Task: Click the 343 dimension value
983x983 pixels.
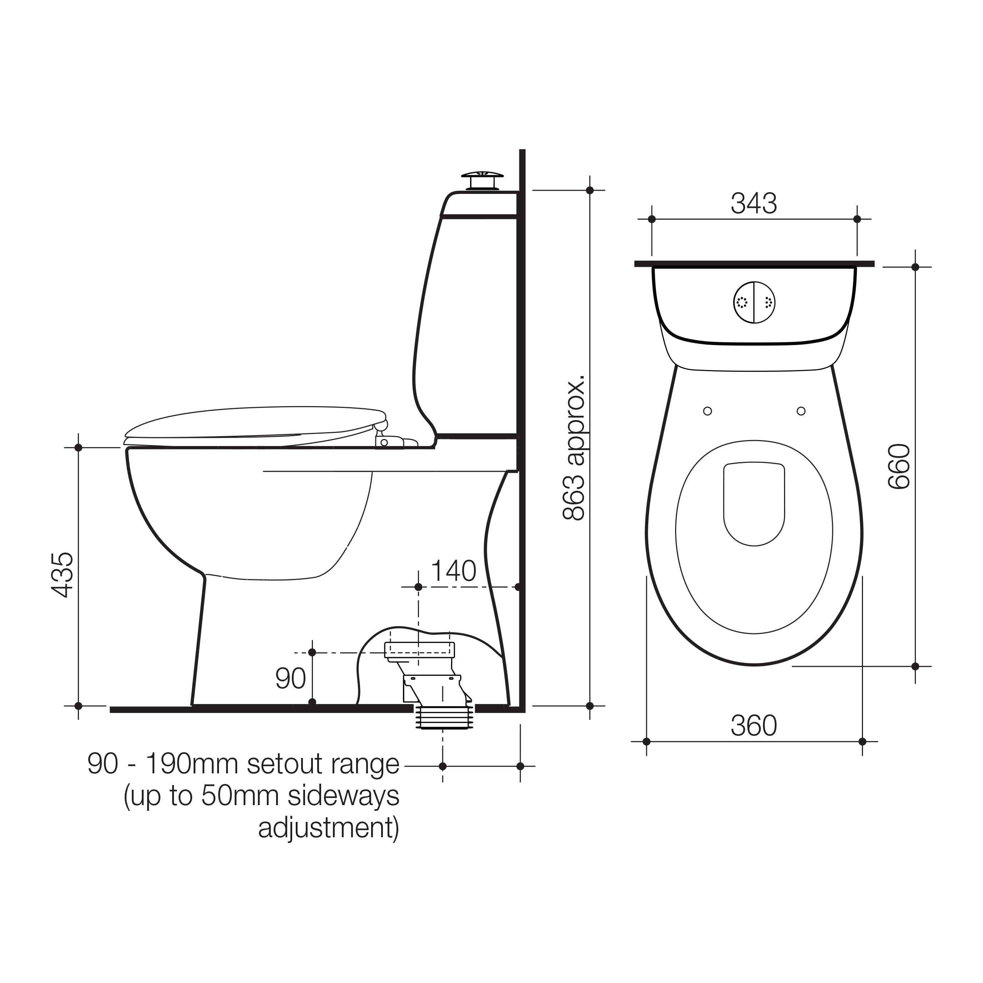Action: (754, 204)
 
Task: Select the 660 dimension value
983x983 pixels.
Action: (898, 466)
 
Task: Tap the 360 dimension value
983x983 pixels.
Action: (754, 726)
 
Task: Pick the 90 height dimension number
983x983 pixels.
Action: (290, 678)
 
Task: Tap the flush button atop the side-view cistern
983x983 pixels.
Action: (482, 179)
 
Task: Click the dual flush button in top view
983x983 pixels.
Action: (754, 302)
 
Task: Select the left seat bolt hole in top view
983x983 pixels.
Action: (707, 411)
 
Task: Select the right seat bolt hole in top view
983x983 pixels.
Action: (801, 411)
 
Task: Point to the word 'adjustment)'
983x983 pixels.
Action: (329, 828)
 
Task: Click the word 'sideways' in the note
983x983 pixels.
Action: (343, 796)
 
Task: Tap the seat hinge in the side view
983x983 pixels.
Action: (385, 439)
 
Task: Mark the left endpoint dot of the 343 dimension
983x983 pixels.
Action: (652, 219)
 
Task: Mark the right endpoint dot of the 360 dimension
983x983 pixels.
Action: (862, 741)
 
